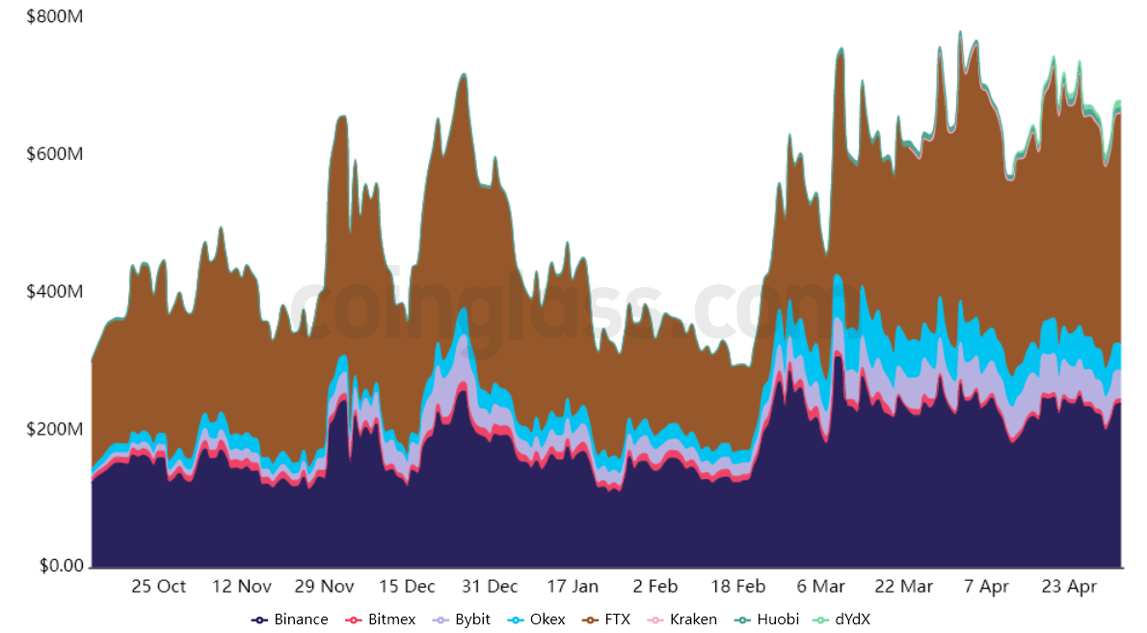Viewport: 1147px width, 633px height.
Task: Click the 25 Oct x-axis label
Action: pos(158,586)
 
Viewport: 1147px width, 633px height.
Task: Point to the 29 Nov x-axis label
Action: pos(324,586)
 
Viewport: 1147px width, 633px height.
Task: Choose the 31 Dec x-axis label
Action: pos(490,586)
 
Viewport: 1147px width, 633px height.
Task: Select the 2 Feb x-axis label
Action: pos(655,586)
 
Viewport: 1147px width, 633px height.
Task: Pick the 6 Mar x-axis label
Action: pos(821,586)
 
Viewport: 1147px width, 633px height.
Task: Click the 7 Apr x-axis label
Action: pos(987,586)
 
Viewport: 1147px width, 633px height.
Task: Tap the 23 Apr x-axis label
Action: pos(1070,586)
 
